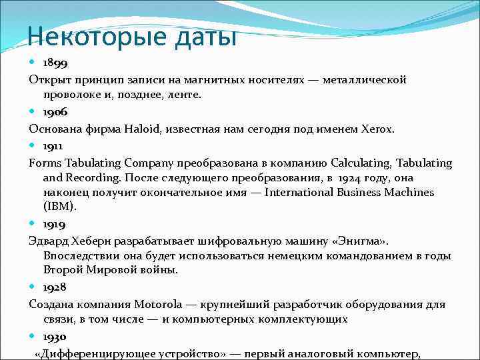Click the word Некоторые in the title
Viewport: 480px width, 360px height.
pyautogui.click(x=79, y=34)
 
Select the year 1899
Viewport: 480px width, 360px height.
pyautogui.click(x=55, y=63)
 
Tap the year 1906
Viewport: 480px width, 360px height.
pyautogui.click(x=55, y=113)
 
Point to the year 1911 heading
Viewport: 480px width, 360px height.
pyautogui.click(x=54, y=146)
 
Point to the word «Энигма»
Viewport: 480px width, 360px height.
pyautogui.click(x=365, y=239)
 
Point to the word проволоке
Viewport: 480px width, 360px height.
pyautogui.click(x=72, y=95)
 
